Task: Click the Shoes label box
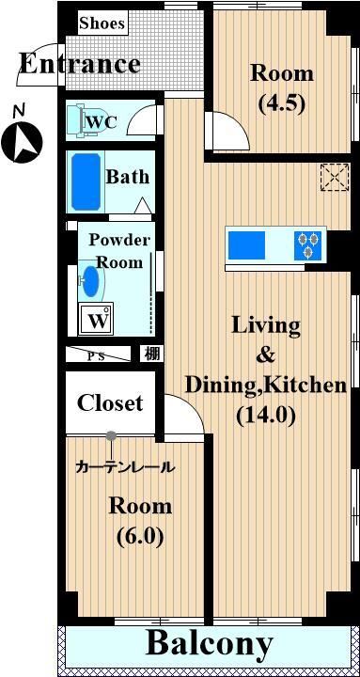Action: point(103,24)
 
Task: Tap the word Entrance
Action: point(80,64)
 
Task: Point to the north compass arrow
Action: point(22,141)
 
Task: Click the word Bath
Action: point(128,177)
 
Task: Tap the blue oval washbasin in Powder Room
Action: point(90,281)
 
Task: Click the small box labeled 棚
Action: point(151,354)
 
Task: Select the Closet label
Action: point(110,402)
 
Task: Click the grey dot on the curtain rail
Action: point(111,435)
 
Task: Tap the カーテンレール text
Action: point(125,467)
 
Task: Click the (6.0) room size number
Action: point(140,536)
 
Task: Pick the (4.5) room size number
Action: point(282,103)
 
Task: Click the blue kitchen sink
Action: point(246,245)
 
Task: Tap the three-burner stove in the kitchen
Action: point(307,245)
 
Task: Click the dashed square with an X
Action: point(335,177)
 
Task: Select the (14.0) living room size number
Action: point(266,416)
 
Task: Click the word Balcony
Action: point(210,644)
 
